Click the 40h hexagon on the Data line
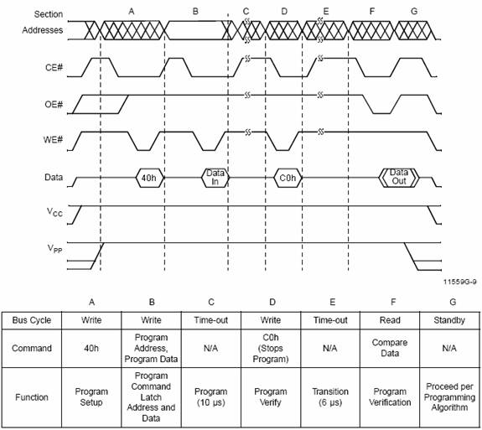[150, 178]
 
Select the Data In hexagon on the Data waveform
[215, 178]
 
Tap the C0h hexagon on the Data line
[288, 178]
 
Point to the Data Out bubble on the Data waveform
[399, 178]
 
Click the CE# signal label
[54, 67]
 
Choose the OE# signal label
[54, 105]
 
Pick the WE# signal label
[53, 140]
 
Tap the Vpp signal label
[54, 248]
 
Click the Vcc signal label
[54, 212]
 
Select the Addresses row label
[43, 30]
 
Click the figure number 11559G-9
[460, 282]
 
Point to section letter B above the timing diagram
[195, 12]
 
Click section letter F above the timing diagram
[372, 12]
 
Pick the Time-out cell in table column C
[211, 320]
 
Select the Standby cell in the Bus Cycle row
[449, 320]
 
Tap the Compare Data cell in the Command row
[390, 348]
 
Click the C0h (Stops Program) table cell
[271, 348]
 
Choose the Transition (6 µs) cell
[330, 396]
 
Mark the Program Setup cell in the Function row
[91, 396]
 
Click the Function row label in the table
[32, 397]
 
